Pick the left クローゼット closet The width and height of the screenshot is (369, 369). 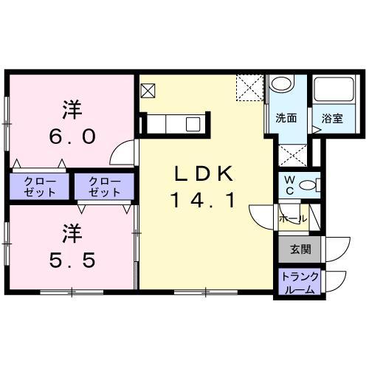point(39,187)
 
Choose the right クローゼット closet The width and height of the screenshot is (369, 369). point(103,187)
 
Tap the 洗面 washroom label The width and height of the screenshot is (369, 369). point(286,118)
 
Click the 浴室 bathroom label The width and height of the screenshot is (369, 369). point(332,118)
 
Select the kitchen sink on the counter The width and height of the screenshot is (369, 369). point(193,124)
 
